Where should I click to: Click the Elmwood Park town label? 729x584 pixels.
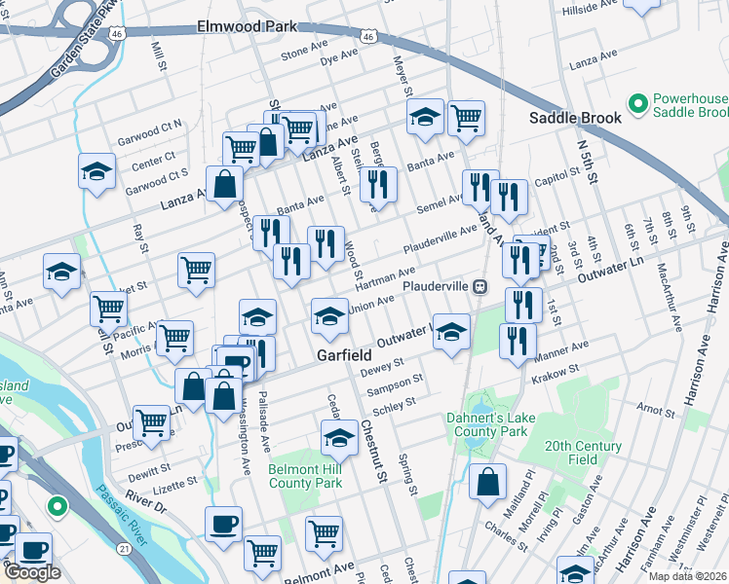click(x=246, y=26)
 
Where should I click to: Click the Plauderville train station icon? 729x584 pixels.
click(x=480, y=287)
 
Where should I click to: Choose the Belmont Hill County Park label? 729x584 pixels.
click(x=305, y=476)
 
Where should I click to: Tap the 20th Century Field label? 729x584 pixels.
click(x=584, y=453)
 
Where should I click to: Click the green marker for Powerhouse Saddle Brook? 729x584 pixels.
click(x=638, y=102)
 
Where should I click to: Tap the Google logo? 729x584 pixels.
click(x=32, y=572)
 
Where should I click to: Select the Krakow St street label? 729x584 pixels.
click(x=556, y=369)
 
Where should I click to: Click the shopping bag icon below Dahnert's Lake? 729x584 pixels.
click(x=487, y=480)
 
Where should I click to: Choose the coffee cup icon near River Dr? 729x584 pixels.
click(x=223, y=523)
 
